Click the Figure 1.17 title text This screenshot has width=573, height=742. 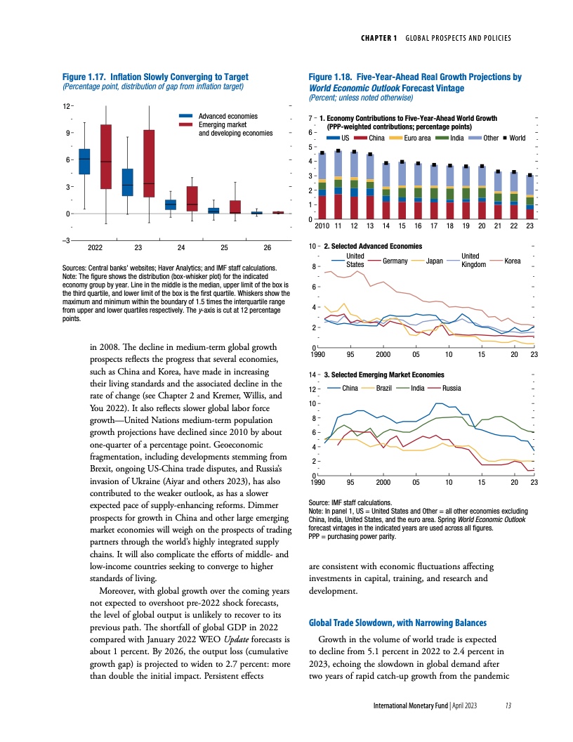tap(155, 76)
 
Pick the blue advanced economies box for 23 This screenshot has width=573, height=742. tap(127, 182)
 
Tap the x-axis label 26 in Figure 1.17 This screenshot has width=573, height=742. tap(267, 248)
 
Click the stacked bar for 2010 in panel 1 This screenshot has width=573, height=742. tap(322, 186)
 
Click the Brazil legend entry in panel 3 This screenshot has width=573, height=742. tap(383, 387)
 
